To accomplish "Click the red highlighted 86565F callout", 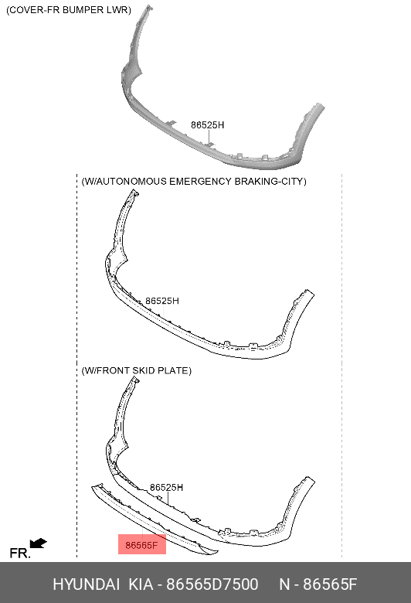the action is point(142,544).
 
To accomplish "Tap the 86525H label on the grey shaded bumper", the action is point(208,125).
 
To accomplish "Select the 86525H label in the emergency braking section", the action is point(162,301).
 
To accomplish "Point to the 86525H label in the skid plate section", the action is point(166,487).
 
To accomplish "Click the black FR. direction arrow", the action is point(38,543).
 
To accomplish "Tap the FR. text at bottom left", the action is point(19,553).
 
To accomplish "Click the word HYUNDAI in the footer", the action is point(86,584).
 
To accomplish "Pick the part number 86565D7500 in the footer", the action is point(212,584).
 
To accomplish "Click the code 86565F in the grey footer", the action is point(330,584).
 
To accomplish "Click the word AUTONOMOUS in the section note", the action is point(131,181).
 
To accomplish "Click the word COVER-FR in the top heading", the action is point(34,10).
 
